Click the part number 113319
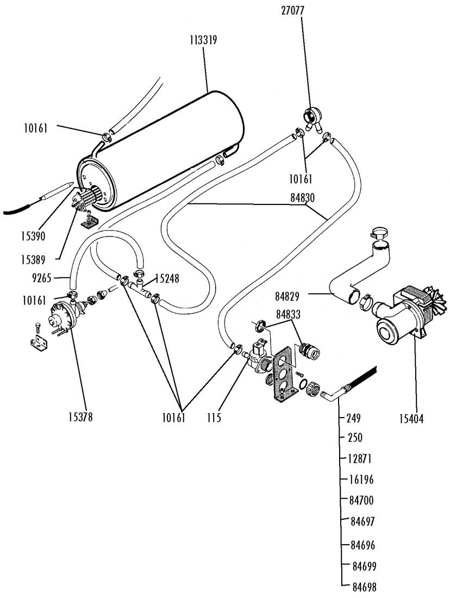click(x=204, y=40)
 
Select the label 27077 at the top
click(x=293, y=10)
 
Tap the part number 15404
click(x=411, y=419)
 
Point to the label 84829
click(x=287, y=296)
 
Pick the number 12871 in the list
click(x=360, y=459)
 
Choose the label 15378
click(x=81, y=417)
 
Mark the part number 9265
click(x=41, y=278)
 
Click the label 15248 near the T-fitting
click(x=167, y=279)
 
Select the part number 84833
click(x=288, y=314)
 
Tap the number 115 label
click(x=214, y=418)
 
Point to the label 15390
click(x=33, y=236)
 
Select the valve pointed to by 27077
click(x=312, y=118)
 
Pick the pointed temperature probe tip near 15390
click(x=71, y=185)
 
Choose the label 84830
click(x=302, y=198)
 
